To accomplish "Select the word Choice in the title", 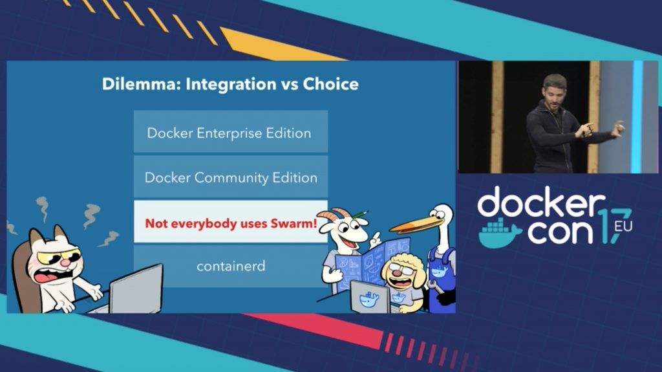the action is point(330,83).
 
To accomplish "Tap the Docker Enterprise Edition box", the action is point(231,131).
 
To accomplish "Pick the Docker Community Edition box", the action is point(231,177).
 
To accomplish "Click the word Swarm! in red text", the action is point(295,223).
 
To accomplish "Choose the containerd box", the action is point(231,266).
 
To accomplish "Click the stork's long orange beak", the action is point(415,225).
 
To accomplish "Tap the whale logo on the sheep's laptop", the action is point(369,300).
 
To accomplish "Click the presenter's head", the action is point(554,89).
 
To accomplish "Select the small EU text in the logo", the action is point(623,226).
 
